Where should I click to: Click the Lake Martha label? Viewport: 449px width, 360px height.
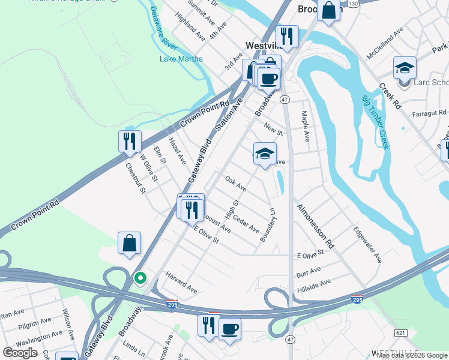pos(181,59)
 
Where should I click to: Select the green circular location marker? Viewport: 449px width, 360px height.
pos(140,278)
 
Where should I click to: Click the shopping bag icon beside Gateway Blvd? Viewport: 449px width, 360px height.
pos(129,244)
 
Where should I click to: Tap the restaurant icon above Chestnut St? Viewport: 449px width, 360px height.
pos(130,142)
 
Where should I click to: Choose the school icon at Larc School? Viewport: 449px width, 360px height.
pos(405,67)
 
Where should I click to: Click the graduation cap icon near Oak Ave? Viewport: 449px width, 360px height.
pos(265,154)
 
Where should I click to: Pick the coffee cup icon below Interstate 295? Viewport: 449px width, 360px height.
pos(229,328)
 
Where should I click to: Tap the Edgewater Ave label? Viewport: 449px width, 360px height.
pos(367,244)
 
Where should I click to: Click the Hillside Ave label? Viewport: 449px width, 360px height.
pos(313,286)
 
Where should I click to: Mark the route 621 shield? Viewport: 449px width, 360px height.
pos(401,332)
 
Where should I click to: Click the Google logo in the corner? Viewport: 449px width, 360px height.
pos(20,352)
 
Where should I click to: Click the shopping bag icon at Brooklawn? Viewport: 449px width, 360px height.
pos(328,10)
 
